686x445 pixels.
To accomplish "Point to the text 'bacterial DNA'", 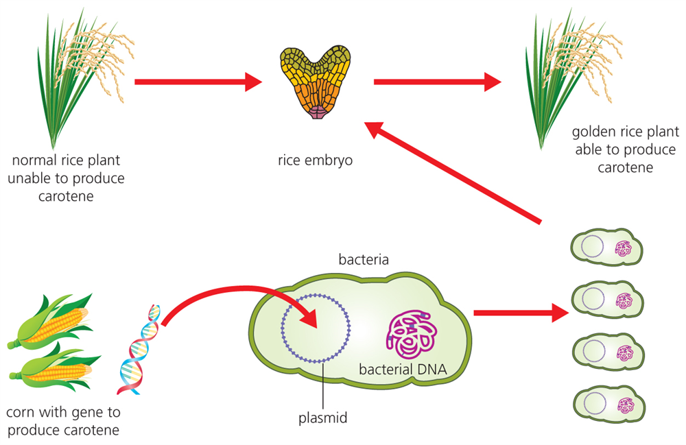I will click(x=403, y=370).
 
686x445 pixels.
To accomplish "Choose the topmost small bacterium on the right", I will click(x=607, y=246).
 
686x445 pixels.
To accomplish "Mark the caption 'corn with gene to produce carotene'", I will click(x=62, y=421).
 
